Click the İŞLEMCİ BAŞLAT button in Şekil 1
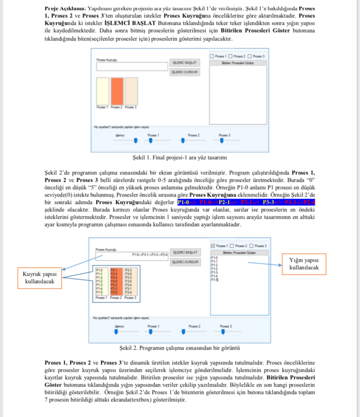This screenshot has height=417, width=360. tap(184, 63)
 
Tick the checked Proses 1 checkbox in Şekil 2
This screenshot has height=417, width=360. tap(213, 246)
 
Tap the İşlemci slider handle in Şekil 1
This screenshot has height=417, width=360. tap(136, 140)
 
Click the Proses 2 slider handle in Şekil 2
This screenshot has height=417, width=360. tap(183, 331)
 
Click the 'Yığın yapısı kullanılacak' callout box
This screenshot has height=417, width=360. tap(305, 264)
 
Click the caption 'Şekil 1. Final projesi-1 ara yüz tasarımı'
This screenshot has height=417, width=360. tap(180, 157)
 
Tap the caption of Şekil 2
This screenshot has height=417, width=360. tap(180, 348)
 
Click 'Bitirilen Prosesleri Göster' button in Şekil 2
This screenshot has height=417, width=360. tap(238, 253)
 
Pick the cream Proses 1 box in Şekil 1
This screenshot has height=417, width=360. tap(103, 90)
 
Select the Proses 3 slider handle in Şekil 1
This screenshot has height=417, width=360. tap(221, 140)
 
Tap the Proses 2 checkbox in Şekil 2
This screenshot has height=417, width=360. tap(232, 246)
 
